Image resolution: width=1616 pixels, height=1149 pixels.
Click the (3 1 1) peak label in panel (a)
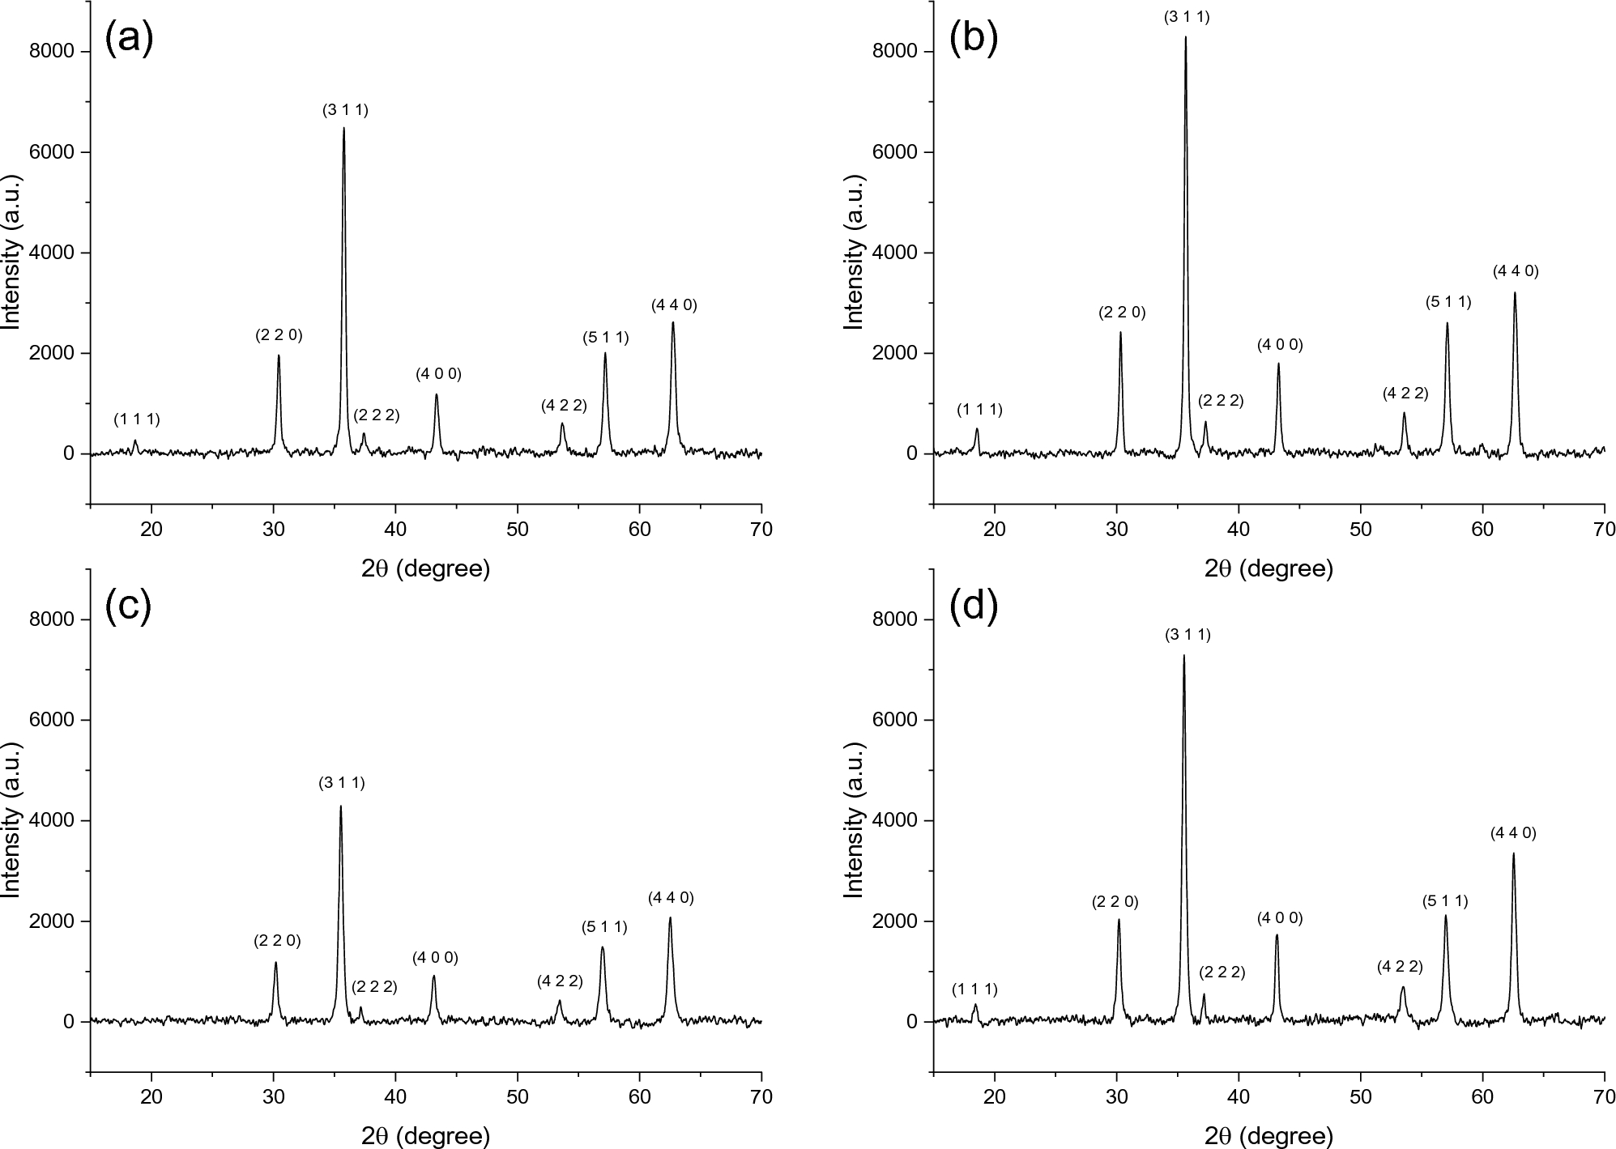point(345,111)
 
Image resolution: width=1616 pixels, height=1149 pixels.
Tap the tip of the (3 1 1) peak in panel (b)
point(1185,37)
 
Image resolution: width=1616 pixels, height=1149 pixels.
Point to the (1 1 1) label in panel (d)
point(974,989)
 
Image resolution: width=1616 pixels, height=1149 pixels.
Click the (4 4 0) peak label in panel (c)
point(671,897)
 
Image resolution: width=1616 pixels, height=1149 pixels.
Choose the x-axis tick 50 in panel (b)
point(1360,530)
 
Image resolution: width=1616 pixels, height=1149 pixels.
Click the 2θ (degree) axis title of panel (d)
point(1268,1136)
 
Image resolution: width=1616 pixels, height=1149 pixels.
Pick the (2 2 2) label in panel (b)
point(1221,401)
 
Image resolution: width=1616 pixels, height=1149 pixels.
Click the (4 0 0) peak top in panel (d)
point(1277,935)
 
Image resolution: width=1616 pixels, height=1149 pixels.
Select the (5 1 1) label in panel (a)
point(605,338)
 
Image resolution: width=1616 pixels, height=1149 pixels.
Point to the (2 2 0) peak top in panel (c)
point(275,963)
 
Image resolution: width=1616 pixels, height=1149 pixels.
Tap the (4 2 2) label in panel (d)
point(1400,967)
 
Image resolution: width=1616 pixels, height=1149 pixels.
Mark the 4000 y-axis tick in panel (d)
point(900,821)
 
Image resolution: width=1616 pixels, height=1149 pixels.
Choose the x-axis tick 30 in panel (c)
point(274,1097)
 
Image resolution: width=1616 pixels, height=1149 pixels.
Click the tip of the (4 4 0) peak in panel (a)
point(672,323)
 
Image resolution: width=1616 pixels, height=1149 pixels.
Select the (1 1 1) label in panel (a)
point(137,419)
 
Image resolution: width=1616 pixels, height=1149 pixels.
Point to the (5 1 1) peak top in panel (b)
point(1447,324)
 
